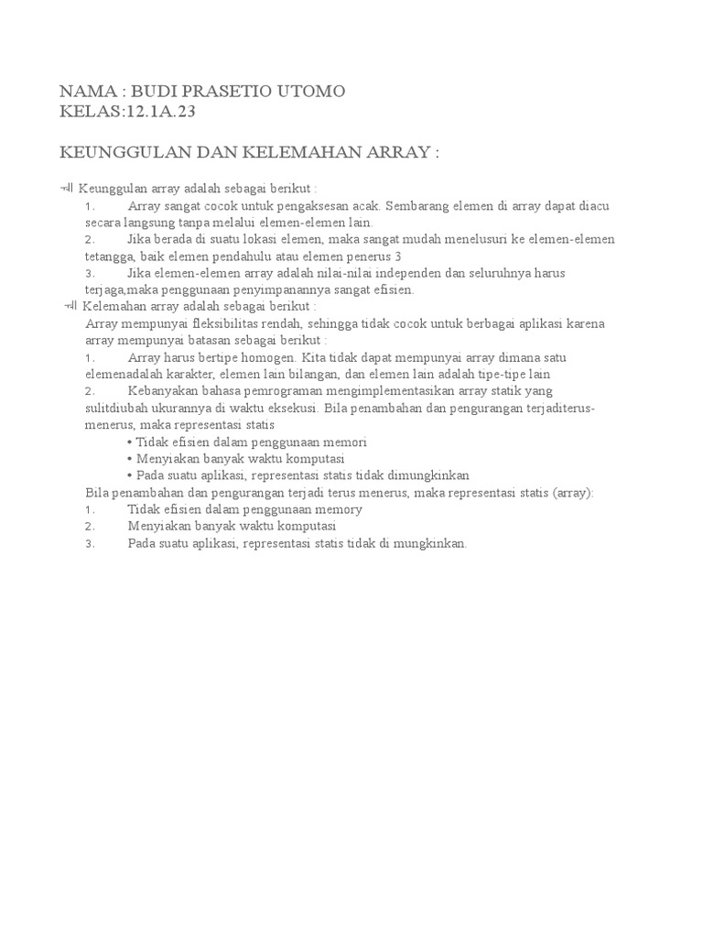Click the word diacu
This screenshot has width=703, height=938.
pos(593,206)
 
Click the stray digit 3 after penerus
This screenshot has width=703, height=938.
pos(398,256)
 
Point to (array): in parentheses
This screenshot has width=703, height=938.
pos(572,492)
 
